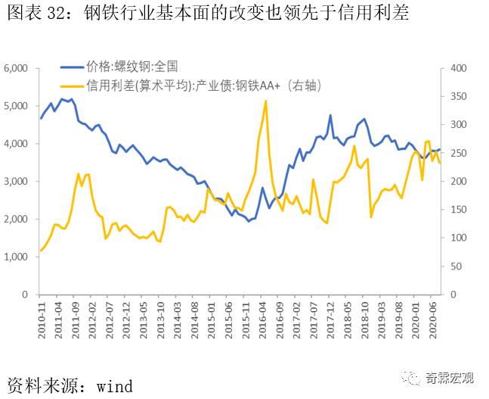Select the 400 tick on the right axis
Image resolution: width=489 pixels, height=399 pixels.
click(458, 68)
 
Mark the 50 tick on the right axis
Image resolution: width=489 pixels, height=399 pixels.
click(456, 267)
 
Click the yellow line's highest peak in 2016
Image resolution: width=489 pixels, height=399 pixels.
click(266, 101)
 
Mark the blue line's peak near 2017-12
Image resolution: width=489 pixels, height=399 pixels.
click(330, 115)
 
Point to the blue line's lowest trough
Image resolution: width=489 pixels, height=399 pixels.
click(249, 221)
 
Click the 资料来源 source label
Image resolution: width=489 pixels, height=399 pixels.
click(42, 383)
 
